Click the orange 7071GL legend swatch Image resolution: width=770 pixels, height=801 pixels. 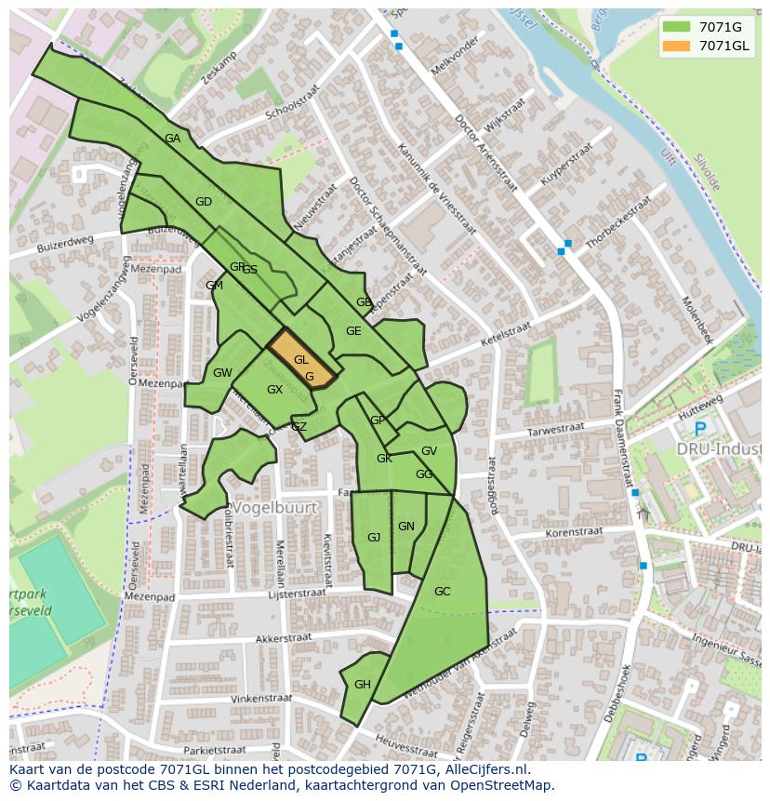tap(677, 46)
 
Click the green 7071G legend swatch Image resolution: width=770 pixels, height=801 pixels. tap(677, 27)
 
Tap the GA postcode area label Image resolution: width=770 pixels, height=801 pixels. tap(172, 139)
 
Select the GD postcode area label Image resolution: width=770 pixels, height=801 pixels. tap(204, 202)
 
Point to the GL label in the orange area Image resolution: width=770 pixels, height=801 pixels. tap(301, 360)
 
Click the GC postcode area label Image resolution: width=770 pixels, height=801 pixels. tap(442, 592)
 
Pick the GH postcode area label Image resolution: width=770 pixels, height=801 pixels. tap(363, 685)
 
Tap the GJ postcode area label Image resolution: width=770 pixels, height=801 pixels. tap(374, 538)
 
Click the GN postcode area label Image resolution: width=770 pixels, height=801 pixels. tap(406, 527)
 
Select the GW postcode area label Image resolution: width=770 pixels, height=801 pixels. tap(222, 373)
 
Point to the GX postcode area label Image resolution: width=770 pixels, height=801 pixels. tap(274, 390)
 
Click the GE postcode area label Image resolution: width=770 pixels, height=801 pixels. tap(353, 331)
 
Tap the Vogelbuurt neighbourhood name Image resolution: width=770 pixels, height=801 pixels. tap(275, 508)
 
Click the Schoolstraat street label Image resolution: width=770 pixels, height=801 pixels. tap(291, 103)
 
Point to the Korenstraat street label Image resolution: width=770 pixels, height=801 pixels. tap(574, 533)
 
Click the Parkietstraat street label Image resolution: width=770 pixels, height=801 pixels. tap(215, 749)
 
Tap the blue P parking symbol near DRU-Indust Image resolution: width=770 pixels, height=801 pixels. tap(699, 429)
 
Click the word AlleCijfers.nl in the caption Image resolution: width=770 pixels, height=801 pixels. tap(484, 769)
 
